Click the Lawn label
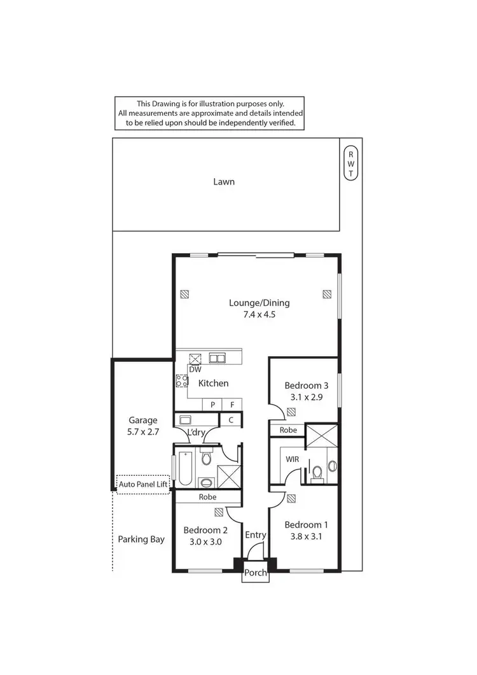pos(224,182)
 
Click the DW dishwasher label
pos(195,369)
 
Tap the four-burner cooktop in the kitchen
pos(182,381)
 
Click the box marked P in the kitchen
pos(212,405)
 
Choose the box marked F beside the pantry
pos(232,405)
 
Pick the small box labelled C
pos(231,420)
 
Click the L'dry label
pos(197,433)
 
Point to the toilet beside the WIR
pos(316,472)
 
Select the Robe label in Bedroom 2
pos(207,497)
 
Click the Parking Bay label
pos(141,539)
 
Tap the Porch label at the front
pos(256,573)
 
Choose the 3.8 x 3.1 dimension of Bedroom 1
pos(307,536)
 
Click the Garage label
pos(143,420)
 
